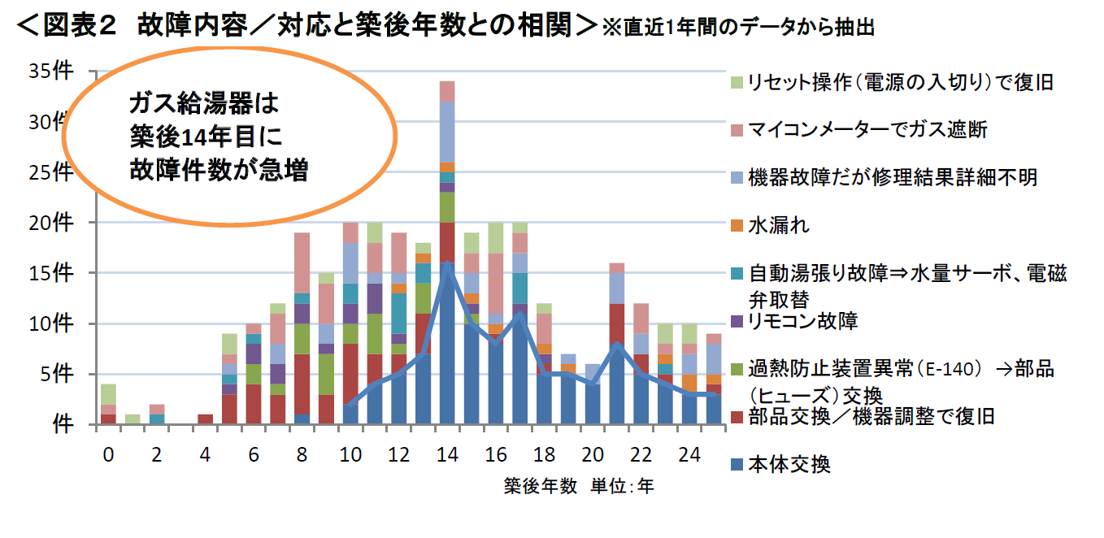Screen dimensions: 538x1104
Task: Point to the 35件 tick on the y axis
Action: coord(52,72)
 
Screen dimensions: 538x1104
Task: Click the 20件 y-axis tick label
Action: coord(52,223)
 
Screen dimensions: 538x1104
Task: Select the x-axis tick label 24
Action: coord(689,455)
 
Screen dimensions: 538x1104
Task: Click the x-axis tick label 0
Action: coord(108,455)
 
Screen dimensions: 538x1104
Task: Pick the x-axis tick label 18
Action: coord(543,455)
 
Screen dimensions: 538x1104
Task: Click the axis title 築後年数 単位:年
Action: coord(578,486)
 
